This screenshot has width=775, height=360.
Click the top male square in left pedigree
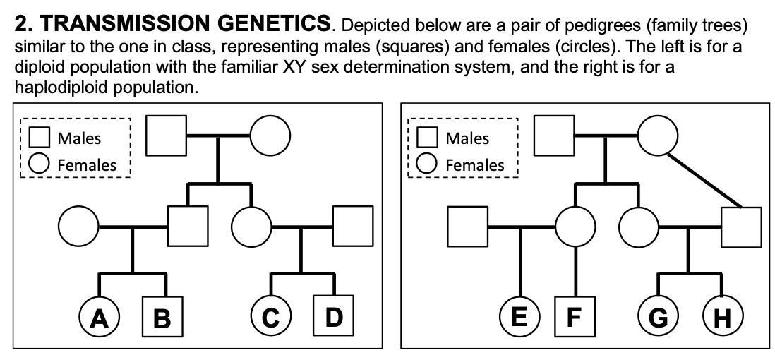click(x=167, y=134)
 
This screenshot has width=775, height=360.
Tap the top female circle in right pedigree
click(x=658, y=134)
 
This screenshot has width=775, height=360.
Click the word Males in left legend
click(x=78, y=138)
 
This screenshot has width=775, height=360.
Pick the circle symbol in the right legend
click(x=427, y=164)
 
